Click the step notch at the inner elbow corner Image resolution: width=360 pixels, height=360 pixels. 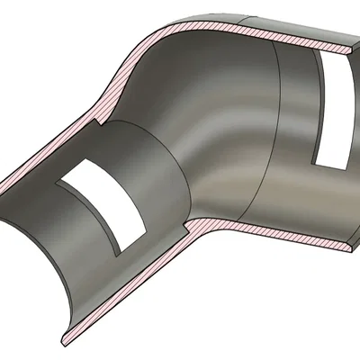(187, 221)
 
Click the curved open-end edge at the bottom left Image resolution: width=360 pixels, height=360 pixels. (36, 270)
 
